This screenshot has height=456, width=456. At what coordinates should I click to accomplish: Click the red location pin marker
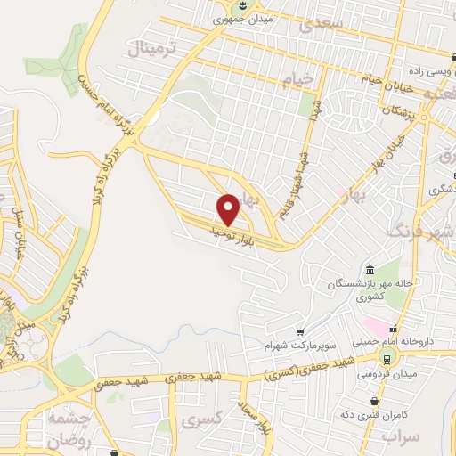click(x=229, y=209)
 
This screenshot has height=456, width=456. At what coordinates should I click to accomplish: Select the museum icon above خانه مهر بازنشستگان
click(x=370, y=271)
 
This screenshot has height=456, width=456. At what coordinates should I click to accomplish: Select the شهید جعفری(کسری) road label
click(x=312, y=366)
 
